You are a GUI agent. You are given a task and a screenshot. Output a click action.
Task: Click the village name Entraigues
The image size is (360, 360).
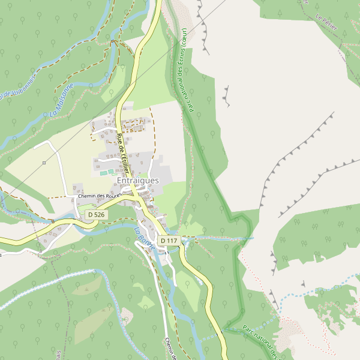(x=138, y=181)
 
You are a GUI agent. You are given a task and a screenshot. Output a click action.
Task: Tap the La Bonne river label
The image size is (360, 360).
(x=145, y=238)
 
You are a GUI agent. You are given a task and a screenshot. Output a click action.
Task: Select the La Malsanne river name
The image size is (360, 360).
(x=62, y=100)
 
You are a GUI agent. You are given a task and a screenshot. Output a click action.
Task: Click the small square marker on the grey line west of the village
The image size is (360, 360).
(x=44, y=163)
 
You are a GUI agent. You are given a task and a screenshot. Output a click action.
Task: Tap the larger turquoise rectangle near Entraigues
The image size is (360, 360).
(x=104, y=173)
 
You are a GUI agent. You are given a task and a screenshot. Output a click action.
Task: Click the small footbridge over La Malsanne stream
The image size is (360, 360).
(x=112, y=41)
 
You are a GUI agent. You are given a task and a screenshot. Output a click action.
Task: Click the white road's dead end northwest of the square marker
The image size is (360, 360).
(x=35, y=146)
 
